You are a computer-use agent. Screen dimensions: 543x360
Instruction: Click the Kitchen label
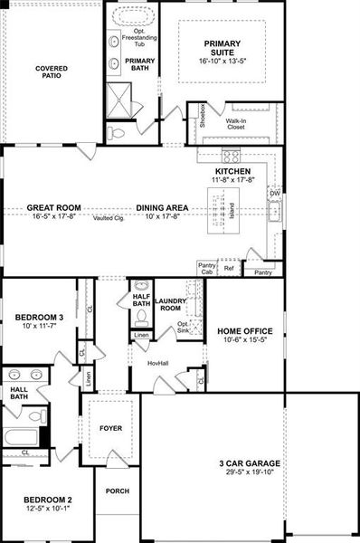233,170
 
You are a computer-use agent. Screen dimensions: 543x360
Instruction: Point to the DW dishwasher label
274,193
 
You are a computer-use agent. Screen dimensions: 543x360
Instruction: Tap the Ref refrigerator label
229,269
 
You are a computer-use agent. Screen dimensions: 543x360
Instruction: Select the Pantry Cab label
207,269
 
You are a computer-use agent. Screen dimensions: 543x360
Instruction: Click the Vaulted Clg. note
108,218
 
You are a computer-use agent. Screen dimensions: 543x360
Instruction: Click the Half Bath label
140,300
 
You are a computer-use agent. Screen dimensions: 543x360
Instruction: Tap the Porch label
117,491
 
